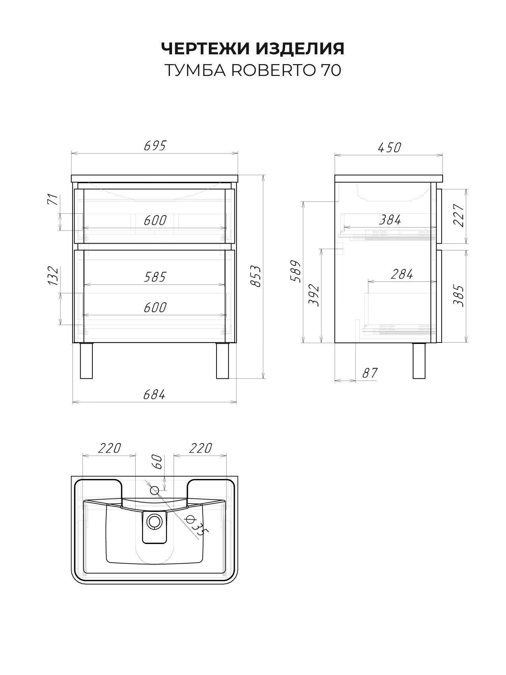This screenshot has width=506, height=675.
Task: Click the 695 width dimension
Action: click(x=155, y=146)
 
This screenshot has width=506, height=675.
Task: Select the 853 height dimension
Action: click(x=256, y=276)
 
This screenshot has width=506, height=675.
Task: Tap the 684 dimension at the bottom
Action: click(x=154, y=395)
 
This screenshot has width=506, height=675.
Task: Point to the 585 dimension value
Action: click(x=155, y=277)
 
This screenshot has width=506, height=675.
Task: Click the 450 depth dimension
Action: click(x=389, y=147)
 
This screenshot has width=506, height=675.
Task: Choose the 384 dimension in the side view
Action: click(x=390, y=220)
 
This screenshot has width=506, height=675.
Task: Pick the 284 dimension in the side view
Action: click(x=402, y=274)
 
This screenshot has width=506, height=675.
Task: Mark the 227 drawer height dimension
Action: click(x=459, y=216)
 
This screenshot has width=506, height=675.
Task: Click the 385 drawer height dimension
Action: click(x=458, y=296)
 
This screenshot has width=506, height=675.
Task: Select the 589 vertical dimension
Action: click(x=295, y=271)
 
